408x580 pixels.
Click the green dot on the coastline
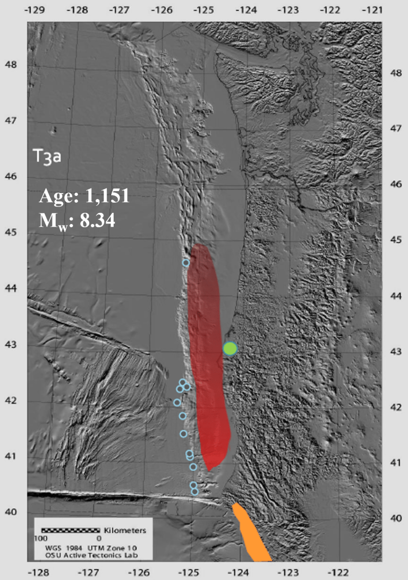pos(229,349)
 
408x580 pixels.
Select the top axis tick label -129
pos(36,10)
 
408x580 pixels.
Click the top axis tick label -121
pos(372,10)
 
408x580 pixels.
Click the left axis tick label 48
pos(11,65)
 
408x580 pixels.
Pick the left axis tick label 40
pos(11,512)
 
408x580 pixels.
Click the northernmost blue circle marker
pos(186,263)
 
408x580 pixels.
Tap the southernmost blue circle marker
pos(195,492)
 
